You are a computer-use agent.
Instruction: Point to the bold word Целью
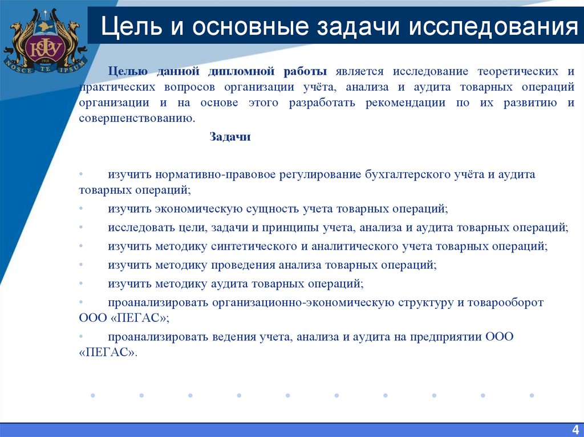click(128, 72)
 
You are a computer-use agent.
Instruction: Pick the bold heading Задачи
click(230, 137)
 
